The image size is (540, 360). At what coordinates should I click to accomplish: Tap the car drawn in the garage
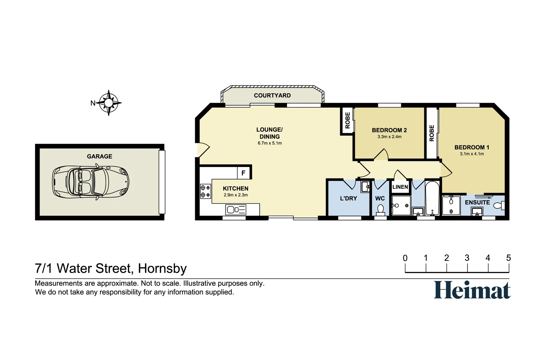coord(91,182)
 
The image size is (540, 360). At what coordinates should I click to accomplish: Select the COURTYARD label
coord(272,95)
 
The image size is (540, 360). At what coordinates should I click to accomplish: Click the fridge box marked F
coord(243,173)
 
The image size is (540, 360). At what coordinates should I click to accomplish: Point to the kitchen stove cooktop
coord(205,191)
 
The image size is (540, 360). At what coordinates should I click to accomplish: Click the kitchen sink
coord(235,210)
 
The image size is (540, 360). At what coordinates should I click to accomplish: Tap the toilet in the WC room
coord(380,209)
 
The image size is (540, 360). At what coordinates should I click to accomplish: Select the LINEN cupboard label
coord(400,187)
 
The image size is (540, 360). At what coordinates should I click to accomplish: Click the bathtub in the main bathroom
coord(432,199)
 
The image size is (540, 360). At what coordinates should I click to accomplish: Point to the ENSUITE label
coord(477,202)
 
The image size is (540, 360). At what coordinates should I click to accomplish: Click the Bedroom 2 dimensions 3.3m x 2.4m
coord(389,137)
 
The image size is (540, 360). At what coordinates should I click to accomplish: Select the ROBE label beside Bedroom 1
coord(432,133)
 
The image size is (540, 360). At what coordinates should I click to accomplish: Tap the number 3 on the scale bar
coord(467,258)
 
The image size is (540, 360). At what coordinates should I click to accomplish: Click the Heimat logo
coord(472,290)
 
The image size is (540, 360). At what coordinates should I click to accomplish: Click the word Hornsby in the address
coord(162,269)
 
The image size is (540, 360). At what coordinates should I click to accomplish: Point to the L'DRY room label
coord(348,198)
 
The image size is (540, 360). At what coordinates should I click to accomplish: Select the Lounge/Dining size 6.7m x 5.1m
coord(269,143)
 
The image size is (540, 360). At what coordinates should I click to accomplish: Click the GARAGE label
coord(99,156)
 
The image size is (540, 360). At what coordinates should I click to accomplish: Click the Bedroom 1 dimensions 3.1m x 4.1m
coord(472,154)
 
